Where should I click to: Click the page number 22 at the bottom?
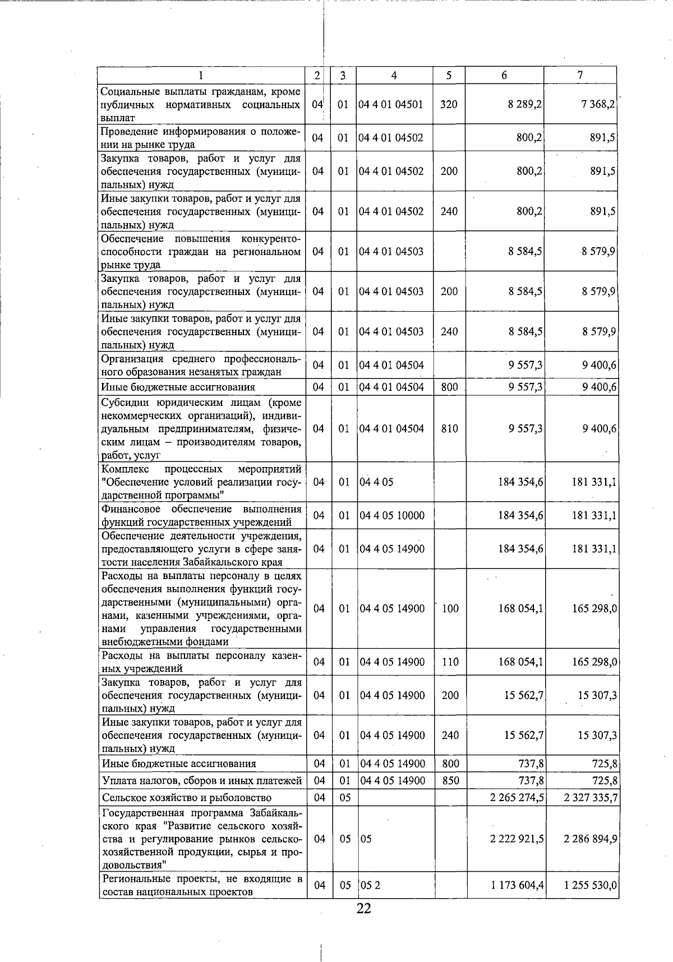point(363,909)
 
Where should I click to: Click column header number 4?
point(394,75)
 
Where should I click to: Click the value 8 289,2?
point(524,104)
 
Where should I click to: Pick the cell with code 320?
point(449,104)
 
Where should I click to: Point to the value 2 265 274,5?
point(516,798)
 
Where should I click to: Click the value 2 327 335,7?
point(591,798)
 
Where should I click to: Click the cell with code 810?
point(449,429)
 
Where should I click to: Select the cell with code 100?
point(450,609)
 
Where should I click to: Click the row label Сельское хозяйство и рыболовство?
point(186,798)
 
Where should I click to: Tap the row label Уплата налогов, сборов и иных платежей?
point(202,780)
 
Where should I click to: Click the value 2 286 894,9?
point(591,839)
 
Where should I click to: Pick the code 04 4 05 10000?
point(392,516)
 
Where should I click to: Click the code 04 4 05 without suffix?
point(376,482)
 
